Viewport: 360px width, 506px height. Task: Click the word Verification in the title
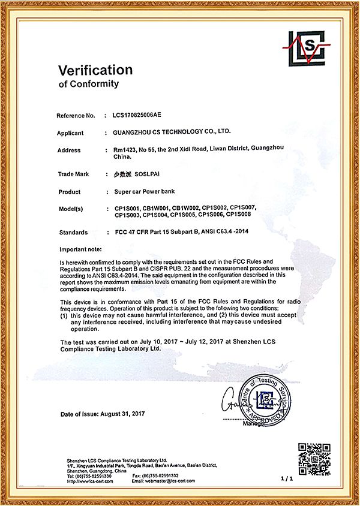pos(95,70)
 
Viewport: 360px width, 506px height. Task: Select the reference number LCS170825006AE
pos(133,115)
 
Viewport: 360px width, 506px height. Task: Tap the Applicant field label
pos(74,133)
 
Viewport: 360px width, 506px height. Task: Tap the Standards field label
pos(74,232)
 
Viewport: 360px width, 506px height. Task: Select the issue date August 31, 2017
pos(126,414)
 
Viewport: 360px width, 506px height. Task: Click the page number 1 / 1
pos(285,478)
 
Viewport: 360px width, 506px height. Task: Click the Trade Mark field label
pos(73,174)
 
